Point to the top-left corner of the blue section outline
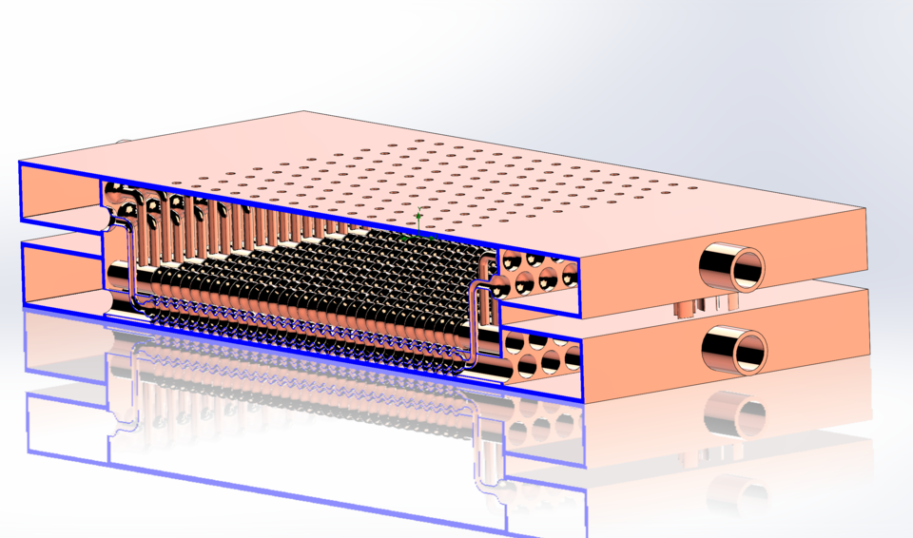(x=20, y=163)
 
